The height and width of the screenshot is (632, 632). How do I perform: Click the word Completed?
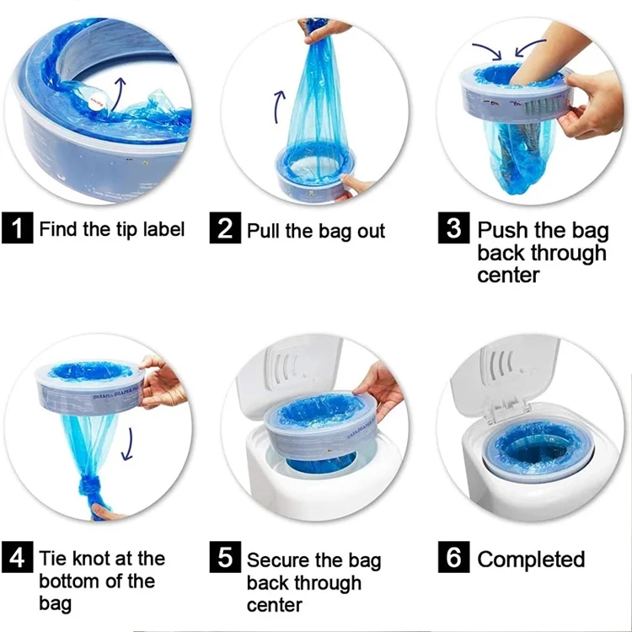click(531, 560)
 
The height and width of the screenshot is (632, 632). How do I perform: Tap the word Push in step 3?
click(503, 230)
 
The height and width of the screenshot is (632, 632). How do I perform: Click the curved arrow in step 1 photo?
click(120, 97)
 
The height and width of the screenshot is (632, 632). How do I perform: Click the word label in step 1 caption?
click(161, 228)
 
